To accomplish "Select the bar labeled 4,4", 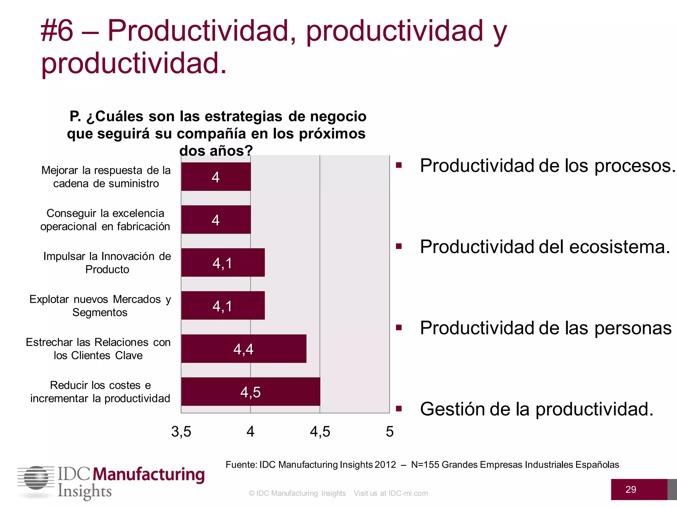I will click(244, 349).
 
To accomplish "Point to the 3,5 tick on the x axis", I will click(181, 432).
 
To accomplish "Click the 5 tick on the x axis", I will click(390, 432).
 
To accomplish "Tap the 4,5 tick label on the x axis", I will click(320, 432).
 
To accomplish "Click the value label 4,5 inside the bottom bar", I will click(251, 392).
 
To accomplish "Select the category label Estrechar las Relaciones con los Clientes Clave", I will click(98, 349).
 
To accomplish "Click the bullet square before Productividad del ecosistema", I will click(399, 246).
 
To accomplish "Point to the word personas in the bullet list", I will click(633, 328).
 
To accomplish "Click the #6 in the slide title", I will click(57, 31).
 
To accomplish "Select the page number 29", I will click(631, 490).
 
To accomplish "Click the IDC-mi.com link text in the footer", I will click(408, 493).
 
